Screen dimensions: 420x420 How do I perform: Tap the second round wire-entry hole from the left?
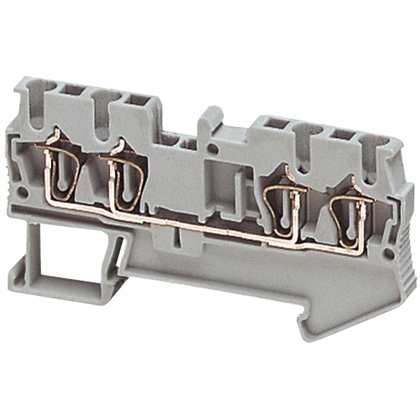[x=101, y=113]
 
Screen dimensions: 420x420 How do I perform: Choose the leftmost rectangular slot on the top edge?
[x=73, y=89]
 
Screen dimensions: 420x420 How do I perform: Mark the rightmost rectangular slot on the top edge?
[x=344, y=134]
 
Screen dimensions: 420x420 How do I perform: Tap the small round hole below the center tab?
[x=213, y=148]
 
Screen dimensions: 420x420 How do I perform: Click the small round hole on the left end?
[x=23, y=193]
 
